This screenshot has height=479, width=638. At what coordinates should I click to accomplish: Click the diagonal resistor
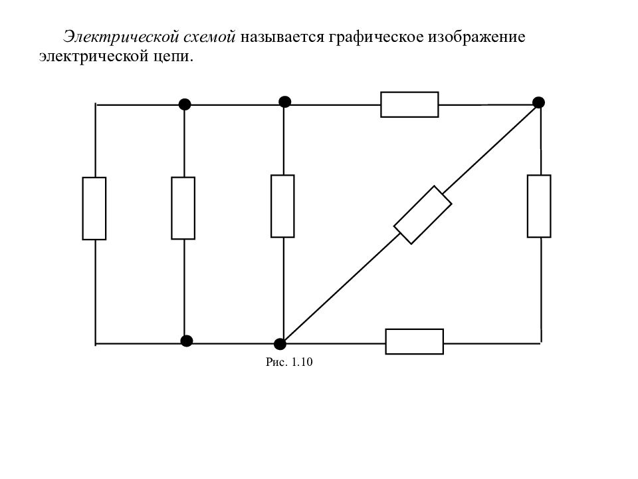[423, 215]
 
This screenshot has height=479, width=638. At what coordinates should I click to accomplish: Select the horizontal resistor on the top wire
[410, 104]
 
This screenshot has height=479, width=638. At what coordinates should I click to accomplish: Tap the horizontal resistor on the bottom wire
[415, 341]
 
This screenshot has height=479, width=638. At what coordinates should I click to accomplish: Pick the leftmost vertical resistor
[94, 208]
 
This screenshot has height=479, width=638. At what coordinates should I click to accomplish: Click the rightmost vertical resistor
[539, 206]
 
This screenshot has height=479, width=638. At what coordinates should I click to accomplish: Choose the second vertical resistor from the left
[183, 208]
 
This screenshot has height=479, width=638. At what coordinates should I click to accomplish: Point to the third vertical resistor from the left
[283, 206]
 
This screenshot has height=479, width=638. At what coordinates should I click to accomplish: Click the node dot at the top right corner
[539, 102]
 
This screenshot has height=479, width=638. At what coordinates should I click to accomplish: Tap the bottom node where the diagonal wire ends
[280, 344]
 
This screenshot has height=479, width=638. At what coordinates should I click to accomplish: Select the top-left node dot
[185, 104]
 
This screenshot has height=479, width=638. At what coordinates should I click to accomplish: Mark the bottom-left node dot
[186, 341]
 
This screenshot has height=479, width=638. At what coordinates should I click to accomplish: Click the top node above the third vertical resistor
[285, 102]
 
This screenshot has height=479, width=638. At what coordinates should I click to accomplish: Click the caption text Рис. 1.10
[289, 362]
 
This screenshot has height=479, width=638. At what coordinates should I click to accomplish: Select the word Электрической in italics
[121, 37]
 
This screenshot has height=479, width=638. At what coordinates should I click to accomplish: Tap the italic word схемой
[209, 37]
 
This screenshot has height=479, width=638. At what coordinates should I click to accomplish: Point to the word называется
[282, 37]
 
